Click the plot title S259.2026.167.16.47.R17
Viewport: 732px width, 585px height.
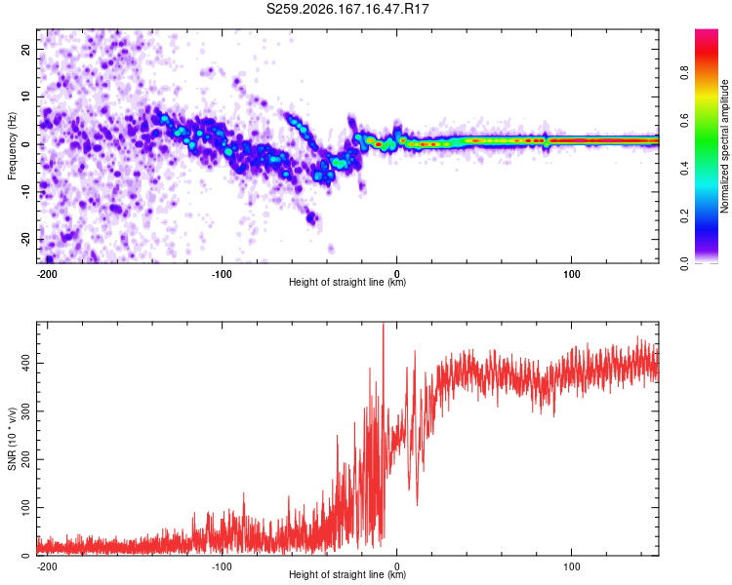(347, 9)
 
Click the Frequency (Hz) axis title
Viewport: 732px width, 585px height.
(12, 146)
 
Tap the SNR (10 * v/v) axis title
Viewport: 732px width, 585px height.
(12, 439)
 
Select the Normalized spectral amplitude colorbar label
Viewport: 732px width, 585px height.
(724, 146)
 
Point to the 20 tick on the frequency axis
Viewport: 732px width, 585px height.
(26, 49)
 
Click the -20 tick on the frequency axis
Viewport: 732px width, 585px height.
(26, 239)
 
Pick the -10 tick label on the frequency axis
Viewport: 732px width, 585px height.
(26, 192)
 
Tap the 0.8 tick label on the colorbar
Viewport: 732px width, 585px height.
(684, 72)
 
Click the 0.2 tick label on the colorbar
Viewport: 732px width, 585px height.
(684, 215)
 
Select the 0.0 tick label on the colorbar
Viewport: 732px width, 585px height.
(684, 263)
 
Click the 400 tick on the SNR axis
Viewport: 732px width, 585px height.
(26, 363)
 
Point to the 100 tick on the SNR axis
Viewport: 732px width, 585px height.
(26, 507)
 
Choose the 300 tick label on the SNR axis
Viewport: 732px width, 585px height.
(26, 411)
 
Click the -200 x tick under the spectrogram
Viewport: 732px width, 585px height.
(47, 274)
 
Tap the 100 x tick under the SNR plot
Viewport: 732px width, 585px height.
(571, 566)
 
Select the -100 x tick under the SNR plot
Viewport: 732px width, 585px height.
(222, 566)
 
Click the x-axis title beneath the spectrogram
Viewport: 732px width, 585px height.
(347, 282)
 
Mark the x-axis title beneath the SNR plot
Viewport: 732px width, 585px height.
(347, 574)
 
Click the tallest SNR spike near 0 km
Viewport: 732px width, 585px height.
(384, 325)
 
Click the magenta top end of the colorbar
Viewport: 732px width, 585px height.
(707, 32)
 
